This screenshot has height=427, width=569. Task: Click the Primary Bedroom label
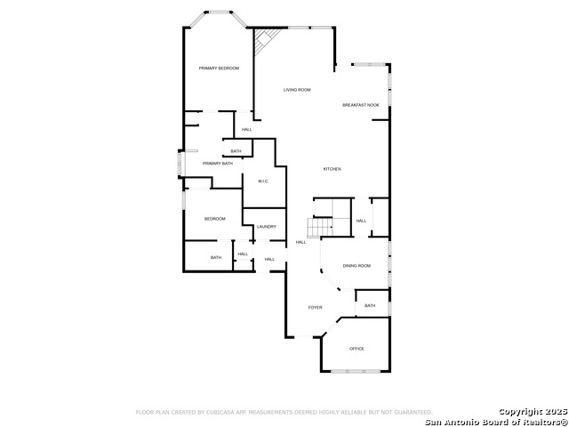point(219,68)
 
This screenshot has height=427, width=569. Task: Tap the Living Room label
point(297,90)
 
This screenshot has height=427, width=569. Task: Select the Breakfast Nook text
point(361,105)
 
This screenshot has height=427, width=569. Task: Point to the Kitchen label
point(332,169)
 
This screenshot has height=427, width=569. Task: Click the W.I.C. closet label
point(263,181)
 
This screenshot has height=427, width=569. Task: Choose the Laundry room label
point(267,227)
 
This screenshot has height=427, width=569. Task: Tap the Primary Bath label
point(217,164)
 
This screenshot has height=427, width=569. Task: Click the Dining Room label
point(357,266)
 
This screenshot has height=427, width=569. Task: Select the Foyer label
point(315,308)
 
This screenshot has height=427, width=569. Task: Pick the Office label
point(357,349)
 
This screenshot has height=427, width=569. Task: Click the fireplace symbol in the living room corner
point(266,40)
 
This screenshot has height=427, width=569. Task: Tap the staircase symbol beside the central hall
point(320,227)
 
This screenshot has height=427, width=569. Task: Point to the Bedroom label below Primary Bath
point(215,219)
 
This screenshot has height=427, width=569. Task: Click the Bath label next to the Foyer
point(370,306)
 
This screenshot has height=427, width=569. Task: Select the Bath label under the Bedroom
point(216,257)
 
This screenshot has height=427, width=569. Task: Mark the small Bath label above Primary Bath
point(236,151)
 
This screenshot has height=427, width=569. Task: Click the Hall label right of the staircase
point(361,221)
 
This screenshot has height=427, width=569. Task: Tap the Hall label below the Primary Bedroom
point(247,129)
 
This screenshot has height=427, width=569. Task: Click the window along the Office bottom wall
point(356,371)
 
